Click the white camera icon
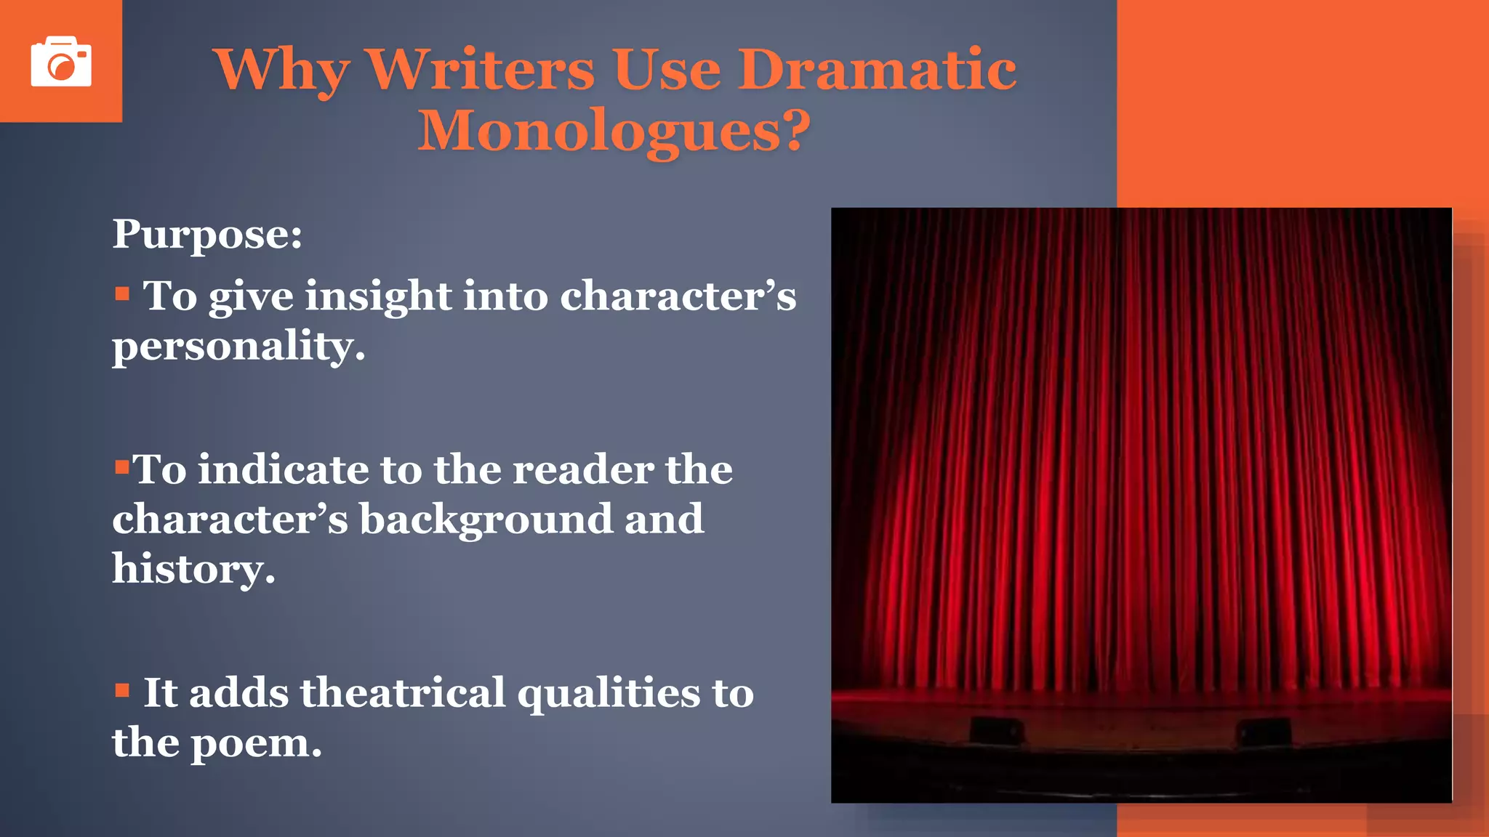61,62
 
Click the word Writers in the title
481,70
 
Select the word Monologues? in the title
614,131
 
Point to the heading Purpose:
207,235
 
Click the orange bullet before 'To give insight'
122,294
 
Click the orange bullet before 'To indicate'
121,465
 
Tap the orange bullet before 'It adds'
122,690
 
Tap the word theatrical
403,692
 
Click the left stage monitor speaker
996,730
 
